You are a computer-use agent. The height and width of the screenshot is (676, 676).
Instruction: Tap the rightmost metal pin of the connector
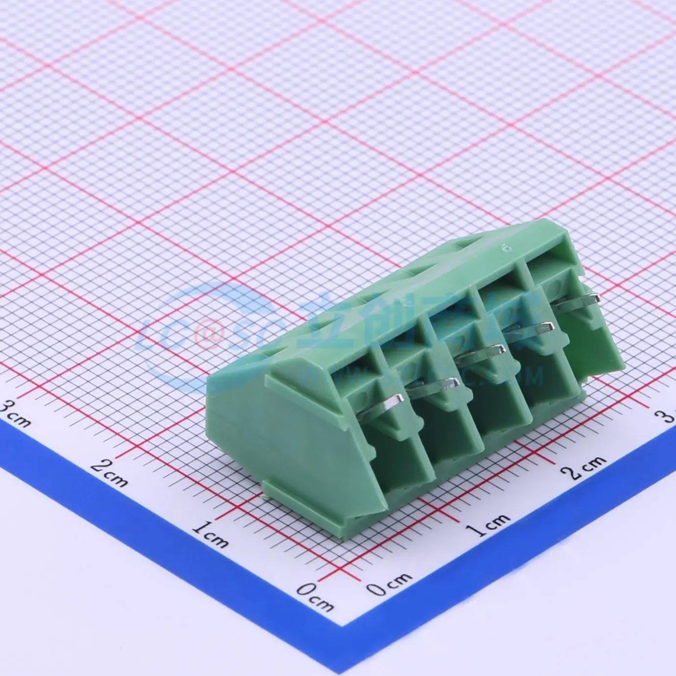tap(578, 300)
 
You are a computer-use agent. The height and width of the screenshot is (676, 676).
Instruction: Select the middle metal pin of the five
tap(483, 353)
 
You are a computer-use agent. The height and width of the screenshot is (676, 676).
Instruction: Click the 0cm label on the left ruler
tap(315, 595)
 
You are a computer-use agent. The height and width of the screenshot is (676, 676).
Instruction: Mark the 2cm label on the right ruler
tap(583, 466)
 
